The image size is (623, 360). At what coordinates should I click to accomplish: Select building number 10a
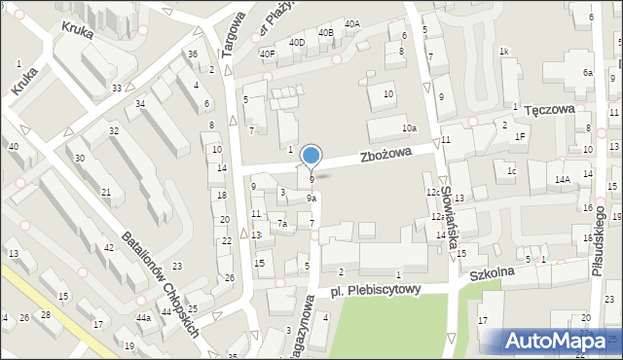[x=411, y=128]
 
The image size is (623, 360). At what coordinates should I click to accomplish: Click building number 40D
[x=297, y=43]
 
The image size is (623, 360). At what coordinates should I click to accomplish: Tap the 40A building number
[x=351, y=23]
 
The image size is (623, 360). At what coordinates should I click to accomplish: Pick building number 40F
[x=267, y=54]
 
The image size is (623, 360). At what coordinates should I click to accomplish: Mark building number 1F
[x=521, y=136]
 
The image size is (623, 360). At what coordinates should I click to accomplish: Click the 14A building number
[x=563, y=179]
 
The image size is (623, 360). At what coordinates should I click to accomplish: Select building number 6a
[x=587, y=73]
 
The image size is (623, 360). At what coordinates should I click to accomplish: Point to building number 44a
[x=143, y=318]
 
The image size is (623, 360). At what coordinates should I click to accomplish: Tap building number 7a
[x=282, y=224]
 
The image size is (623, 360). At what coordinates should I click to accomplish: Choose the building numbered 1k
[x=503, y=51]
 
